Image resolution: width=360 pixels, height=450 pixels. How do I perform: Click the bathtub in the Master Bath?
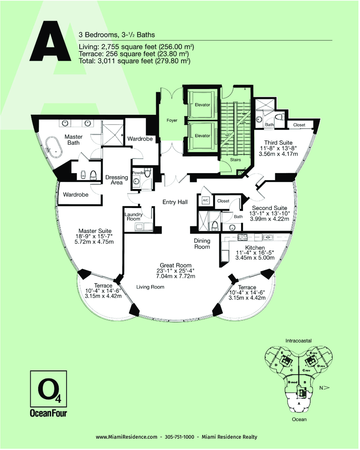click(x=53, y=148)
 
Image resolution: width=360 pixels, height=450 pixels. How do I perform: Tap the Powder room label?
click(x=138, y=173)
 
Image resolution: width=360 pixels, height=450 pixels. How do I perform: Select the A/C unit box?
click(x=206, y=200)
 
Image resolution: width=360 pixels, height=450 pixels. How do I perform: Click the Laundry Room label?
click(x=133, y=216)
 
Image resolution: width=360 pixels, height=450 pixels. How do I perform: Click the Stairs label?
click(x=235, y=159)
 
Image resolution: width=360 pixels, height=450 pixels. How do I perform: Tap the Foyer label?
click(x=172, y=120)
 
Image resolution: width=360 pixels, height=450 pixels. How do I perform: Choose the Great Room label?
click(x=176, y=265)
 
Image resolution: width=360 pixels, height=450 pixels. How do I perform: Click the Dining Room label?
click(x=202, y=243)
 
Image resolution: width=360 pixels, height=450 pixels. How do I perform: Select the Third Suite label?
click(x=278, y=142)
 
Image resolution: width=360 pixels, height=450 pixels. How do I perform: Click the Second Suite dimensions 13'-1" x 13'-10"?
click(x=270, y=214)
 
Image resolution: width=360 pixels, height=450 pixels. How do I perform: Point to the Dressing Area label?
click(x=117, y=180)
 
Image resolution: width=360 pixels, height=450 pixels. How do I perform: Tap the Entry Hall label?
click(x=175, y=202)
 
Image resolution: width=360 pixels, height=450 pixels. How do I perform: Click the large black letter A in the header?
click(x=51, y=43)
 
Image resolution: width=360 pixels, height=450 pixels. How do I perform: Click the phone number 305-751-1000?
click(x=179, y=437)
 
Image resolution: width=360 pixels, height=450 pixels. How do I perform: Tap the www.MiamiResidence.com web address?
click(x=126, y=437)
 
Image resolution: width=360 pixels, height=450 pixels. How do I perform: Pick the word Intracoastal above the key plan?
click(x=298, y=341)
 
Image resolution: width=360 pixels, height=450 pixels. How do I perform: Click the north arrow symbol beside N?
click(x=327, y=388)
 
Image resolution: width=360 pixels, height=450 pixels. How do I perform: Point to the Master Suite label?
click(x=95, y=231)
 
